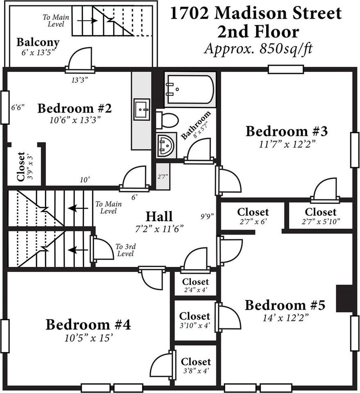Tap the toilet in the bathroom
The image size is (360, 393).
point(167,120)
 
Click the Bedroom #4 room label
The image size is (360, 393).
point(88,325)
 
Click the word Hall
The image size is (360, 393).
point(159,216)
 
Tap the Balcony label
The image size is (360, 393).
point(38,42)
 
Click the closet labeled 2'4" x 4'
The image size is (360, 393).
point(195,285)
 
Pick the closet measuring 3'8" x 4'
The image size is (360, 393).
point(196,365)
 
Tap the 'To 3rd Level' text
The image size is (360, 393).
point(125,250)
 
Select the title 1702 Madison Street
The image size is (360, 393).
point(256,14)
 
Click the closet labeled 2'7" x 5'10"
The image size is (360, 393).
point(321,216)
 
